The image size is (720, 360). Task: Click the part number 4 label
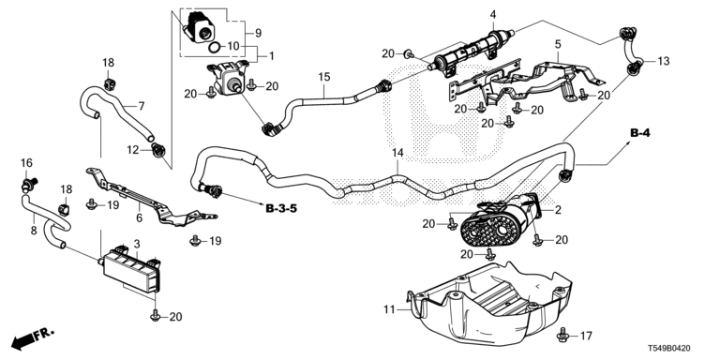pyautogui.click(x=493, y=14)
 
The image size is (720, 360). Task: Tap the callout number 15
pyautogui.click(x=324, y=77)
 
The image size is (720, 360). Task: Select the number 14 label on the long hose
pyautogui.click(x=397, y=153)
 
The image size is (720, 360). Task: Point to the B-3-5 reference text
pyautogui.click(x=281, y=208)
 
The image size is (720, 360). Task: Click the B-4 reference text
pyautogui.click(x=640, y=134)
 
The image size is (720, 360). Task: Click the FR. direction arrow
pyautogui.click(x=33, y=337)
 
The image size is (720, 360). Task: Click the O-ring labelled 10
pyautogui.click(x=215, y=47)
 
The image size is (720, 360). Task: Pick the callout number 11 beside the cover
pyautogui.click(x=389, y=310)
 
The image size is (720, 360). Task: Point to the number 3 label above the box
pyautogui.click(x=137, y=244)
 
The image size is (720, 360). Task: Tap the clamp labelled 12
pyautogui.click(x=158, y=149)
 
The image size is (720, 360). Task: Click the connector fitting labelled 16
pyautogui.click(x=30, y=185)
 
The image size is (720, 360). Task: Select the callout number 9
pyautogui.click(x=258, y=33)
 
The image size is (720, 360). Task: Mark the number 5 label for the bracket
pyautogui.click(x=558, y=45)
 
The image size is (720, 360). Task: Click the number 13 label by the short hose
pyautogui.click(x=664, y=61)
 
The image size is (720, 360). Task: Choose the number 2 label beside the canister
pyautogui.click(x=558, y=210)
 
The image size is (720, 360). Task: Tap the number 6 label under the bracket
pyautogui.click(x=139, y=218)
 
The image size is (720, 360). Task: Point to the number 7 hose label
pyautogui.click(x=141, y=107)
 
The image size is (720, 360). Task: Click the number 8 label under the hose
pyautogui.click(x=34, y=231)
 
